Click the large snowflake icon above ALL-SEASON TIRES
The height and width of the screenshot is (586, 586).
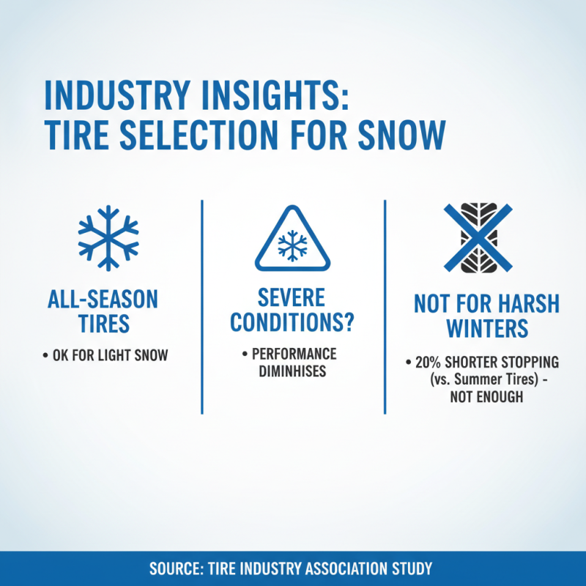(x=108, y=237)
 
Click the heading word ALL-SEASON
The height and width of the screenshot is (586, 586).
(x=103, y=299)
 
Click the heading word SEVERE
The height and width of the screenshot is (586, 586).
(x=292, y=297)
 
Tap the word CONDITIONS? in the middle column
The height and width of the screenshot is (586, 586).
(x=292, y=321)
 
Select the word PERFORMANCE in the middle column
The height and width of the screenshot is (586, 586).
(x=294, y=354)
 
